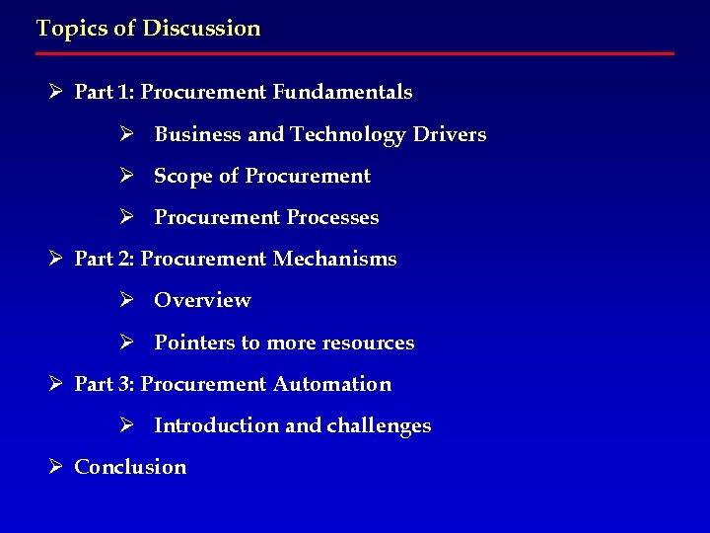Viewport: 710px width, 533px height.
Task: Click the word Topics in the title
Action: click(70, 29)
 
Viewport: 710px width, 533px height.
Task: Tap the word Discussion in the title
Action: click(201, 29)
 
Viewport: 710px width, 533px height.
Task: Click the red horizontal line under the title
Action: click(355, 53)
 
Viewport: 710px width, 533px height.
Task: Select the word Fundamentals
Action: click(342, 93)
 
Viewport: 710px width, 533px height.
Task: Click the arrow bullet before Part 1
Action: click(56, 93)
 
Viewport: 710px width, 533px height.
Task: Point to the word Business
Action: click(197, 134)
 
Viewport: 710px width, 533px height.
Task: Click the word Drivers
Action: click(449, 134)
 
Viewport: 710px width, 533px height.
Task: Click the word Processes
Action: click(332, 217)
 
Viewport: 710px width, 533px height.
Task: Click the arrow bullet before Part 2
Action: click(56, 259)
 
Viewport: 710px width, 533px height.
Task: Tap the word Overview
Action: click(202, 300)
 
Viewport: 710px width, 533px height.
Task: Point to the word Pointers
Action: click(194, 343)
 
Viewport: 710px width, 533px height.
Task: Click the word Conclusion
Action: click(130, 467)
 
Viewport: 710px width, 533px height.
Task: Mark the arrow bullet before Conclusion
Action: click(56, 467)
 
